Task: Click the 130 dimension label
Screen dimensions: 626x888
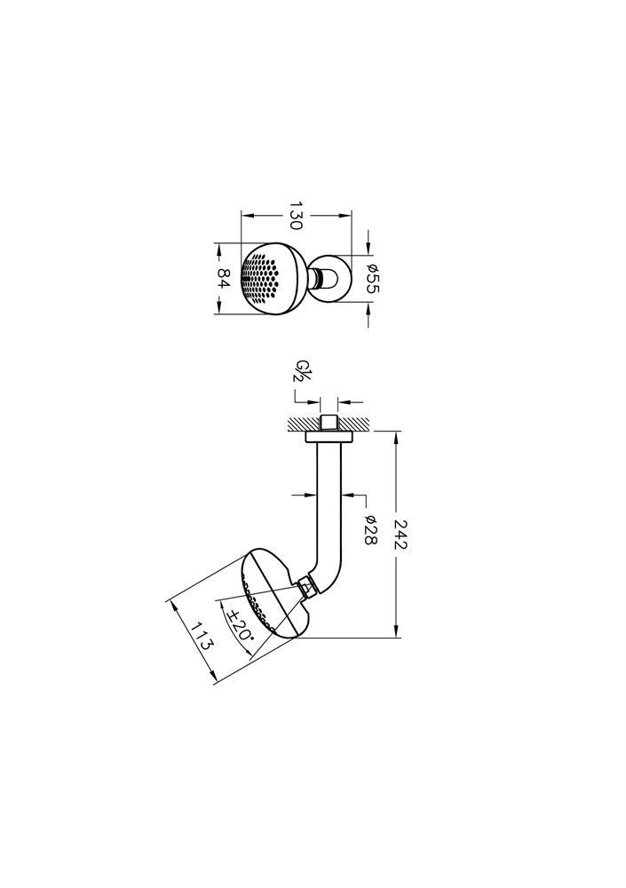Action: point(296,215)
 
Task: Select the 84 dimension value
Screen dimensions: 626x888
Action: point(225,278)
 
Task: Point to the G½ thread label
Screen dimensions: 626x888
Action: point(303,371)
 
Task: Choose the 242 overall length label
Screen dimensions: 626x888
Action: point(400,534)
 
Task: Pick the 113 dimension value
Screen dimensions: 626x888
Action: point(202,636)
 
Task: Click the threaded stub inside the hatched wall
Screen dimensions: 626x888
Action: point(329,424)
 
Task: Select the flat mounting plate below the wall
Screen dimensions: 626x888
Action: point(329,437)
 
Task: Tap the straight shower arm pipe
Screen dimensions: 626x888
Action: point(329,498)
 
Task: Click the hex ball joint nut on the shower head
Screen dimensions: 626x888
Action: point(306,587)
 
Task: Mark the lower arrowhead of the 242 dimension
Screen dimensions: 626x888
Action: point(397,632)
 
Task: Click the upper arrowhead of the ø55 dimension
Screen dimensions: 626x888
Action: point(368,250)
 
